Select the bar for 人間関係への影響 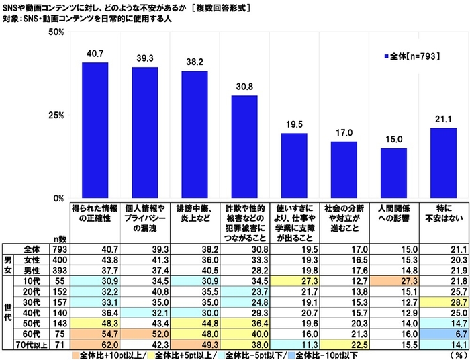pyautogui.click(x=393, y=173)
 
